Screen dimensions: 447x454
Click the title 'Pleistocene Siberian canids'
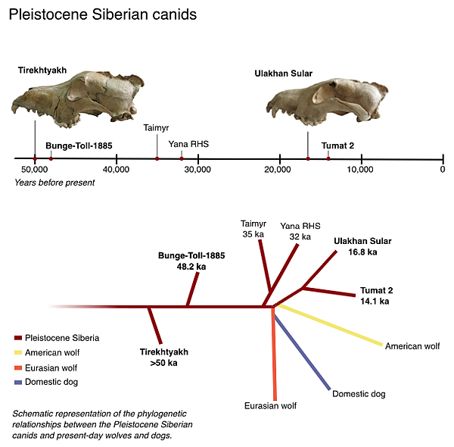[x=102, y=14]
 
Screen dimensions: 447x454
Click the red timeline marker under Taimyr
[x=157, y=158]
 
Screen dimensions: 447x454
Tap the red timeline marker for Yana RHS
[x=182, y=158]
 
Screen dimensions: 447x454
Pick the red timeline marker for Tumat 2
[x=328, y=158]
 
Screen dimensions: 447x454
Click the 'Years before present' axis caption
[x=54, y=183]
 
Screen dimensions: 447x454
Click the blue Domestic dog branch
[x=303, y=353]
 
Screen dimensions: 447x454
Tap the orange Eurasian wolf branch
[x=275, y=356]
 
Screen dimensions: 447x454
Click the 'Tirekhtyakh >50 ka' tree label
[x=163, y=358]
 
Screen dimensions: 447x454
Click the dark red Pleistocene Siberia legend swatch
[x=18, y=338]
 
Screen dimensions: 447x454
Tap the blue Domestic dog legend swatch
[x=18, y=382]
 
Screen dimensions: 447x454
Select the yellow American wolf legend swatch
[x=18, y=352]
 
